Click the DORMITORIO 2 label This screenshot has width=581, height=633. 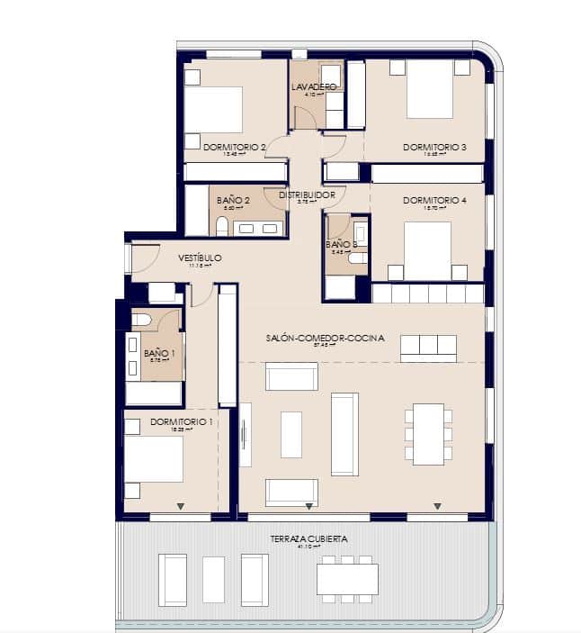[x=235, y=147]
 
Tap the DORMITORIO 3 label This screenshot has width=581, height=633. [x=434, y=147]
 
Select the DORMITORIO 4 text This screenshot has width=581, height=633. [x=434, y=200]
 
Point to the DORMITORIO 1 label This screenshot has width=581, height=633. [x=182, y=421]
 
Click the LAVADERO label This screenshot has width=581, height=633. [x=314, y=86]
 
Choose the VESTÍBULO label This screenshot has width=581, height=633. [x=200, y=258]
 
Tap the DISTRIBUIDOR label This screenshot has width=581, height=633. [x=307, y=194]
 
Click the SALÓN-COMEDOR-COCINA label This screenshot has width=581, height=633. [x=325, y=339]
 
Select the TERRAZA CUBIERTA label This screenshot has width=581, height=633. [x=308, y=538]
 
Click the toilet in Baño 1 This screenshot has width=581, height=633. [x=142, y=320]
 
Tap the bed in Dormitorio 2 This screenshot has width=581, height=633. [x=214, y=110]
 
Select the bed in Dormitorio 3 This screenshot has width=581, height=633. [x=429, y=90]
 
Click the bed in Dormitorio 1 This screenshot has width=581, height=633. [x=154, y=459]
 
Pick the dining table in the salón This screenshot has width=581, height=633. [x=428, y=434]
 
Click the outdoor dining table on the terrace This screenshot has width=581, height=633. [x=347, y=578]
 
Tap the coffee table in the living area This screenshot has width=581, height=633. [x=291, y=434]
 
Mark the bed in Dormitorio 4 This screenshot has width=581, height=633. [x=427, y=249]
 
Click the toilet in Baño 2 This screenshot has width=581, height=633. [x=222, y=226]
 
